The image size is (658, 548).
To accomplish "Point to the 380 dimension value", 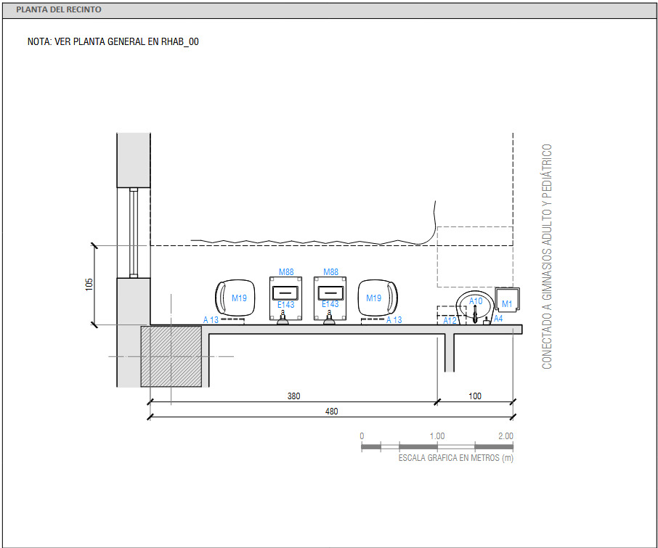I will pos(293,396).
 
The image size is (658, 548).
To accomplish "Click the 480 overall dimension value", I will pos(331,412).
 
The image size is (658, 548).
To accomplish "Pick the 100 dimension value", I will pos(475,396).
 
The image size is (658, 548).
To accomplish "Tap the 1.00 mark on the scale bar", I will pos(436,436).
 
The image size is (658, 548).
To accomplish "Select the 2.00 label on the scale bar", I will pos(505,436).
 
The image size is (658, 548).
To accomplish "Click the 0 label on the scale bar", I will pos(362,436).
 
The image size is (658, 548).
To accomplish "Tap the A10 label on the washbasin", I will pos(476,300).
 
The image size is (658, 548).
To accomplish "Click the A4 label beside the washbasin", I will pos(498,319).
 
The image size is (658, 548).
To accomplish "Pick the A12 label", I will pos(450,319).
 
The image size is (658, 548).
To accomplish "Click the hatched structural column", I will pos(171,356).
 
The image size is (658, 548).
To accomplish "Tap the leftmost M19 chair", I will pos(235,298).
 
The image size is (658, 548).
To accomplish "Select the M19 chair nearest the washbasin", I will pos(378,298).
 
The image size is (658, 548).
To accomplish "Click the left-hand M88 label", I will pos(287,272).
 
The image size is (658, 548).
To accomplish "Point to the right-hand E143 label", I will pos(330,305).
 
